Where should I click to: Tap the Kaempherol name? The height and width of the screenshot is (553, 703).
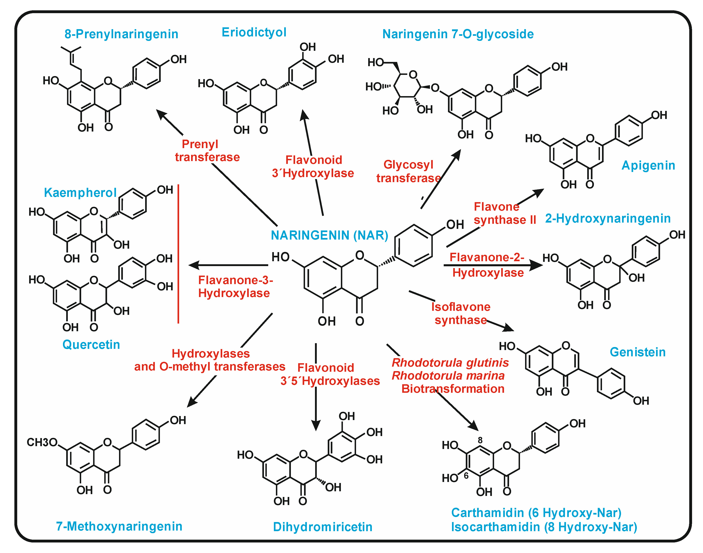[80, 193]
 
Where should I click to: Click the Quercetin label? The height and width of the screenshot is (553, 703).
[91, 345]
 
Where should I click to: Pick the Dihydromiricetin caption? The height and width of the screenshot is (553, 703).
[322, 527]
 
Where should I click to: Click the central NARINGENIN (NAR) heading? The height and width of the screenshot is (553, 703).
[329, 235]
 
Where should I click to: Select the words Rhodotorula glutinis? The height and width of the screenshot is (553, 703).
[450, 363]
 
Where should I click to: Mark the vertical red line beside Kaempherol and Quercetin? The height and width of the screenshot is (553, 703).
[178, 254]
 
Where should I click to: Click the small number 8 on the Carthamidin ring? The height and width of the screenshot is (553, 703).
[480, 440]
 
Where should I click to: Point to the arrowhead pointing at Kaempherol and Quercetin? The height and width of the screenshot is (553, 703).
[194, 265]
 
